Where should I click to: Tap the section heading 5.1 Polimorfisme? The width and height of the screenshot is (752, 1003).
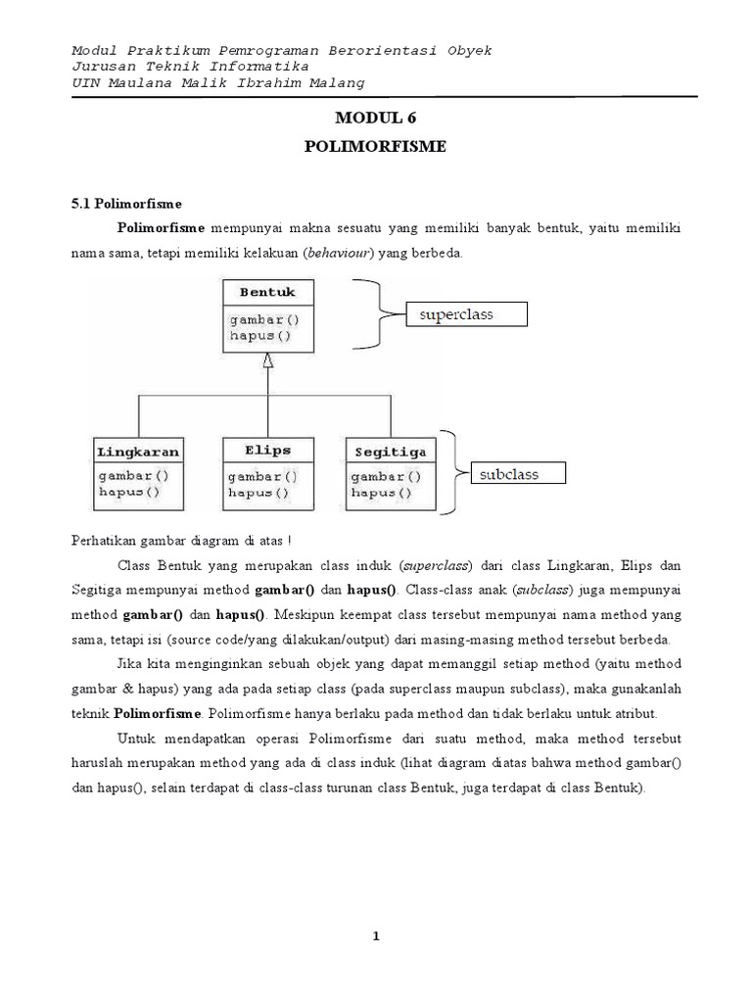click(127, 204)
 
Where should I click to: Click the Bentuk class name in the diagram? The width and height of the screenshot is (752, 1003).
click(260, 292)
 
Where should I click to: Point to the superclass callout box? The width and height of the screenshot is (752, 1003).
click(467, 314)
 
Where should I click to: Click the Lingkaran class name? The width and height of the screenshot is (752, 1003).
click(138, 452)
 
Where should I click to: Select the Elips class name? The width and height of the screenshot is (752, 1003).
click(268, 451)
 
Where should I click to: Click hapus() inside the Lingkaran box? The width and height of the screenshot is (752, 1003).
click(128, 493)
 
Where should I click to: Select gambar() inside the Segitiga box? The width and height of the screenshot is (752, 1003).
click(385, 476)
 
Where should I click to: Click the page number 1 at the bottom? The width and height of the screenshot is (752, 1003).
click(376, 936)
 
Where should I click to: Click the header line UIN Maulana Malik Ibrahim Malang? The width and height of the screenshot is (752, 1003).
click(219, 82)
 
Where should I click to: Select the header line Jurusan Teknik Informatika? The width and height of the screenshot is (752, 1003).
click(191, 66)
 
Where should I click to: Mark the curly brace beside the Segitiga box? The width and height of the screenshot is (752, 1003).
click(449, 472)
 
